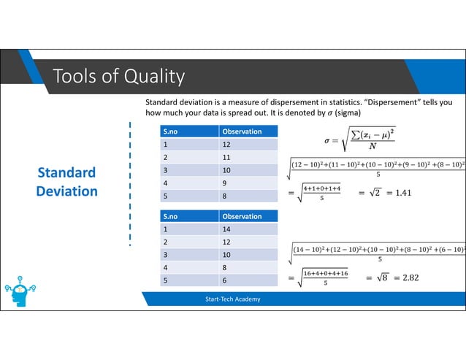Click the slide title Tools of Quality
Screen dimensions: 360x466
pos(118,76)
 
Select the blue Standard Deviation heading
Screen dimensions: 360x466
pos(67,182)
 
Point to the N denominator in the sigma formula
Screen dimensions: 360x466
pos(374,145)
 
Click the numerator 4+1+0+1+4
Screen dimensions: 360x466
pos(321,188)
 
